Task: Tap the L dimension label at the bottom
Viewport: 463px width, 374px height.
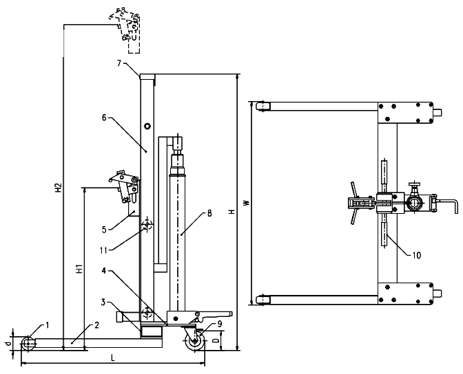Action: tap(112, 358)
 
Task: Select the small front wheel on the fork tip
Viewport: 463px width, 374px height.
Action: tap(29, 342)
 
